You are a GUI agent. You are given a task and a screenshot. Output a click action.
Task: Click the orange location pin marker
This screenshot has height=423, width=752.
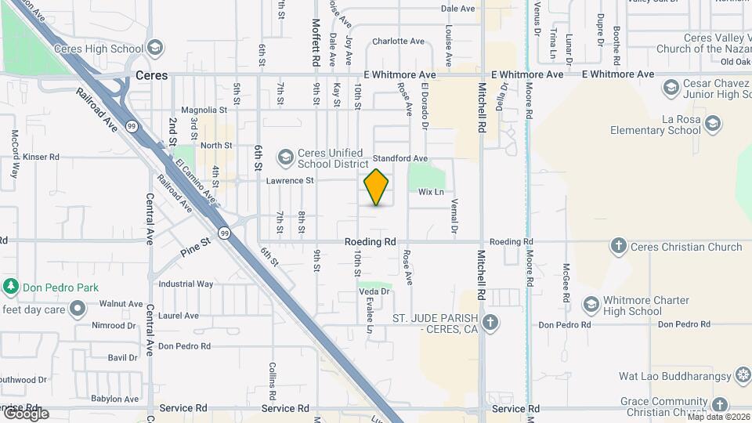(x=376, y=187)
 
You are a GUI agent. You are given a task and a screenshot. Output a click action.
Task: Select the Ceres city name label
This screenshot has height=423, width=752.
(x=151, y=76)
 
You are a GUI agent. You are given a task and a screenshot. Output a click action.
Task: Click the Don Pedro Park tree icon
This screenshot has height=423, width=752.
(x=10, y=287)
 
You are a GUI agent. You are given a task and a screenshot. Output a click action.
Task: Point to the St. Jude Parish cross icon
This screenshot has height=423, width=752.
(x=490, y=323)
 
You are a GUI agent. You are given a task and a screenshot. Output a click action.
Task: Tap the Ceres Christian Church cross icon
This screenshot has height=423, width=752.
(x=619, y=247)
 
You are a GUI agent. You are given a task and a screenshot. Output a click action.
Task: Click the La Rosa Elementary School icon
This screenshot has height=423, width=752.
(x=712, y=124)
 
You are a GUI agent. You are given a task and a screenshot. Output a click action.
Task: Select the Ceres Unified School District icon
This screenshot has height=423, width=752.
(x=285, y=158)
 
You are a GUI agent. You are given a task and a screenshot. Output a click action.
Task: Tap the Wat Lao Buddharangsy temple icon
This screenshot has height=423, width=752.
(x=743, y=377)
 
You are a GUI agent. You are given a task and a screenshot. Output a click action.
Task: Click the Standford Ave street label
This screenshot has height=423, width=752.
(x=399, y=158)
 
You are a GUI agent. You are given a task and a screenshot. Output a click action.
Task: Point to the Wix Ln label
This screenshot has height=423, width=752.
(x=431, y=192)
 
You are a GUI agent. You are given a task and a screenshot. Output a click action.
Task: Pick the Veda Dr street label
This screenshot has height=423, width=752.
(x=374, y=291)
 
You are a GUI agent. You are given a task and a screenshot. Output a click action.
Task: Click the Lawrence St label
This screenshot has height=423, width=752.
(x=290, y=181)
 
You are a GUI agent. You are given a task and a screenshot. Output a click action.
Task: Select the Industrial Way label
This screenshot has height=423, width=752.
(x=186, y=284)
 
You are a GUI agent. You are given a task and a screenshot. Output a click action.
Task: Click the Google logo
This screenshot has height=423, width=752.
(x=25, y=414)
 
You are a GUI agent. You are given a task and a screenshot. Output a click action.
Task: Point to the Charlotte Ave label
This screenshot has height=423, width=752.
(x=398, y=42)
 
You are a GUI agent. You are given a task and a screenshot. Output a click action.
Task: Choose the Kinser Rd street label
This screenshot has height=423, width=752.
(x=41, y=157)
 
